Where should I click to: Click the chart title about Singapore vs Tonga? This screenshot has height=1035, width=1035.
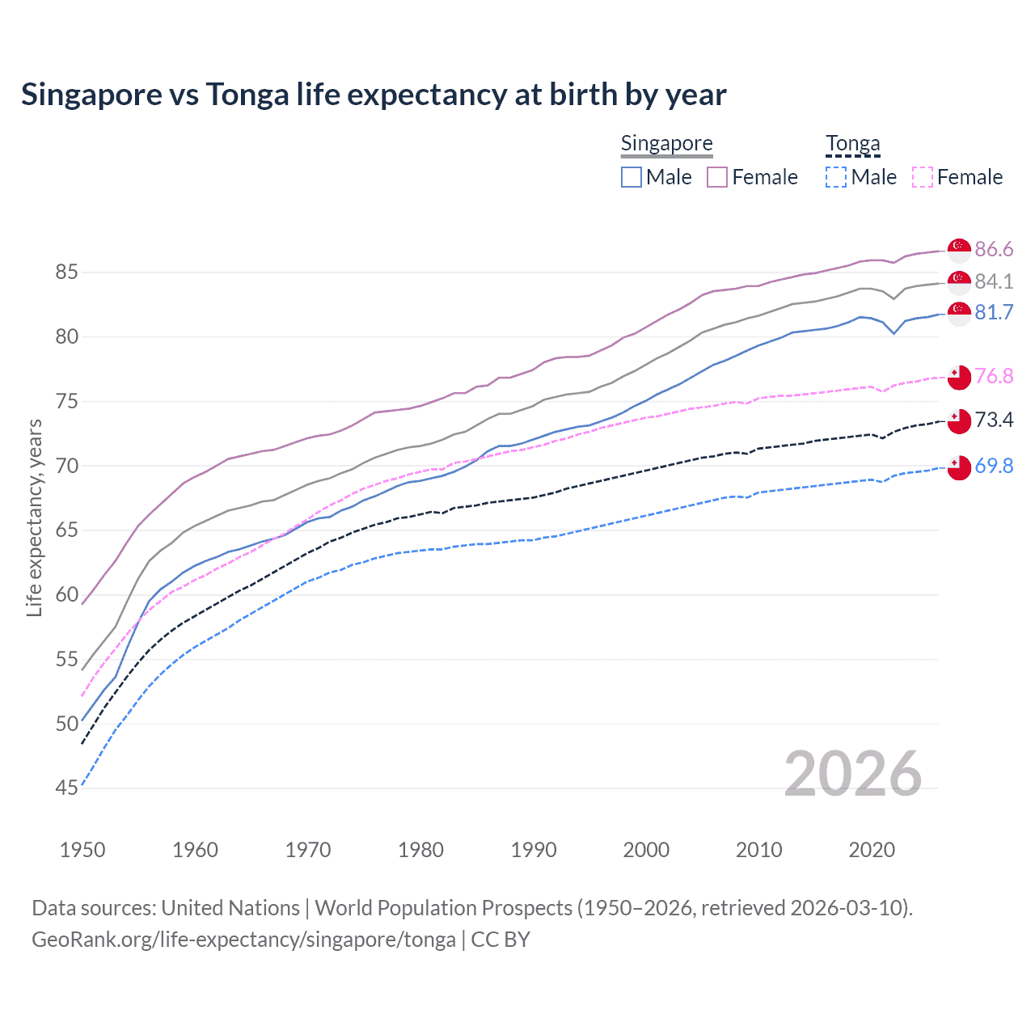pos(374,95)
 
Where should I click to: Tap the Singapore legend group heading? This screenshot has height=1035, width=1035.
pos(666,144)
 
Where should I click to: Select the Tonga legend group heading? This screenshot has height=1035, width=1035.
pos(852,144)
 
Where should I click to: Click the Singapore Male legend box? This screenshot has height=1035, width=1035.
pos(632,177)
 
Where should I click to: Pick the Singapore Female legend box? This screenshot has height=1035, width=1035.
pos(717,177)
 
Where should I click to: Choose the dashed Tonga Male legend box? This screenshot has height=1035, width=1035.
pos(836,177)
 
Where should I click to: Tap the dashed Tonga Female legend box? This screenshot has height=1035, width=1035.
pos(923,177)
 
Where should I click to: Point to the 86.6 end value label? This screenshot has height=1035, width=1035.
pos(994,249)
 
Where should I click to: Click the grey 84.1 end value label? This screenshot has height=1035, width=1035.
pos(994,281)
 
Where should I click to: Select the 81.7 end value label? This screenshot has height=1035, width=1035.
pos(994,312)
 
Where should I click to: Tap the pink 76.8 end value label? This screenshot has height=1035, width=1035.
pos(994,376)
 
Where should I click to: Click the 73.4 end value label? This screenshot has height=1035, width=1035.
pos(994,420)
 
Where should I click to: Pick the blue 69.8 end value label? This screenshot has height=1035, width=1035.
pos(994,466)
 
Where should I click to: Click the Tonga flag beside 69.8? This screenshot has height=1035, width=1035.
pos(959,467)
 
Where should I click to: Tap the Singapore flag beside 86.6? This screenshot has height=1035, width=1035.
pos(959,250)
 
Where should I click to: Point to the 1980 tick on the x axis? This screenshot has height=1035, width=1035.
pos(420,850)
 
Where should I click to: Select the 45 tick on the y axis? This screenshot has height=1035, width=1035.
pos(66,788)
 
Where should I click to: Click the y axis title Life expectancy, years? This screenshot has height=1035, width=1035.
pos(34,517)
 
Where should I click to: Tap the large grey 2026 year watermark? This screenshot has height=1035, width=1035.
pos(852,774)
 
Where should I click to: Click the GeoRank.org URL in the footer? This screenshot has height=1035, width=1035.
pos(243,940)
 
